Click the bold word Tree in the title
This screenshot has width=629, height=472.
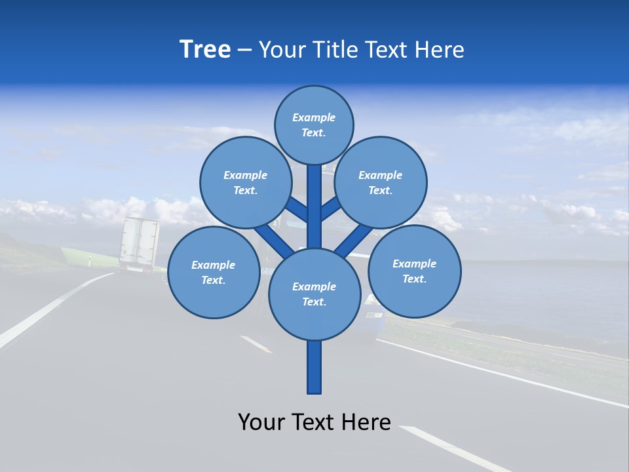(x=205, y=50)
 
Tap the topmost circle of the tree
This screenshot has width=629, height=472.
(x=314, y=125)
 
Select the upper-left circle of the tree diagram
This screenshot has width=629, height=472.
(x=246, y=182)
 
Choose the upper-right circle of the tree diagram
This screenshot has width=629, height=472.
(x=381, y=182)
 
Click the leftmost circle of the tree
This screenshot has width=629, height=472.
(x=214, y=273)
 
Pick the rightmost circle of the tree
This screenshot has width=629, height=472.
(x=414, y=271)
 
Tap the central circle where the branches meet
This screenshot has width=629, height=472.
(x=314, y=294)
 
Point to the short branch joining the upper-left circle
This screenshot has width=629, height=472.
(x=296, y=209)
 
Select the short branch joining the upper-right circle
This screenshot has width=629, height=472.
(x=331, y=208)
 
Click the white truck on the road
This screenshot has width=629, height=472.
(x=138, y=244)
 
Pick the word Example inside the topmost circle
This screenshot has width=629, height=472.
(x=314, y=117)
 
